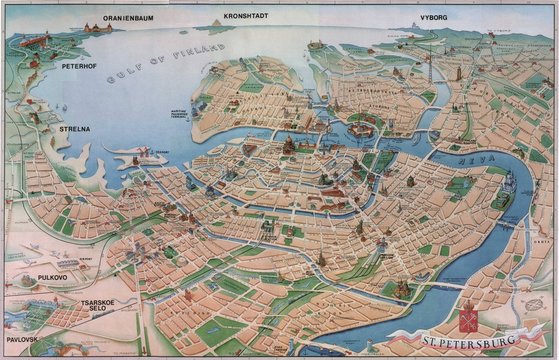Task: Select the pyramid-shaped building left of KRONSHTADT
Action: pyautogui.click(x=219, y=22)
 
